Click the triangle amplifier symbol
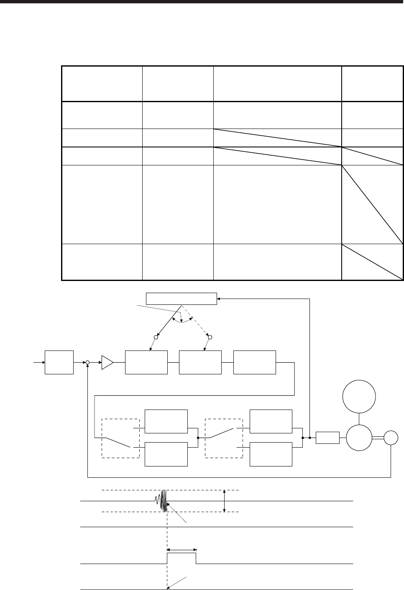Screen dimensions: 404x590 [107, 362]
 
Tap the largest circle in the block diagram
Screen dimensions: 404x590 [359, 396]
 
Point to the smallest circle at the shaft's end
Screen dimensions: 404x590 [392, 438]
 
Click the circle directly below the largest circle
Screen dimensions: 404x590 [359, 438]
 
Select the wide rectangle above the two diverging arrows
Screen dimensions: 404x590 [181, 299]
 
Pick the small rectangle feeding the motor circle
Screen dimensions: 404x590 [327, 438]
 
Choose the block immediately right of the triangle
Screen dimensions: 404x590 [146, 362]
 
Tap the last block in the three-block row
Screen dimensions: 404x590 [255, 362]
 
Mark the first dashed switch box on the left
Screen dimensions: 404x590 [120, 438]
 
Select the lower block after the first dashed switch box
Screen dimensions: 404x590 [166, 453]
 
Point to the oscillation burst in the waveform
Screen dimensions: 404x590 [163, 501]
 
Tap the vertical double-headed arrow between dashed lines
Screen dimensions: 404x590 [225, 501]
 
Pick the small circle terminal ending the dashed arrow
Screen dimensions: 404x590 [210, 337]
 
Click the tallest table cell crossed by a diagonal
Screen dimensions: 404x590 [372, 204]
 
